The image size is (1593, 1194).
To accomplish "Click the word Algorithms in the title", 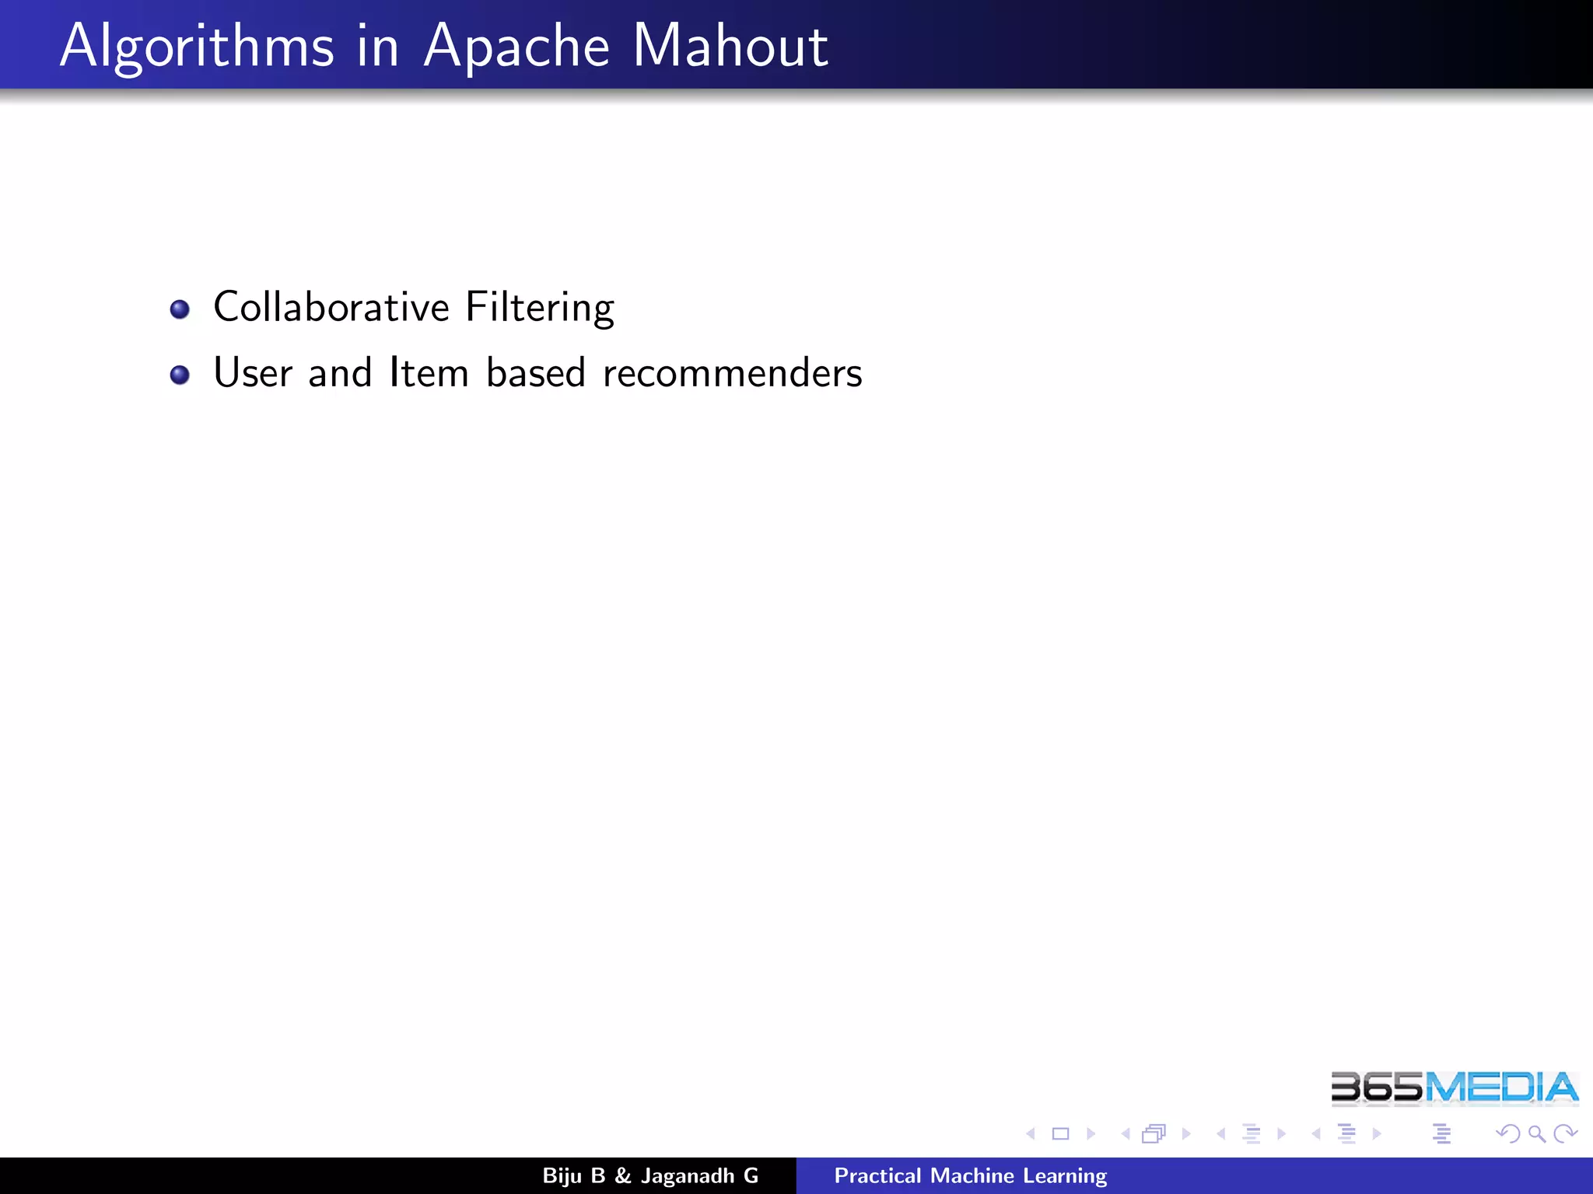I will pyautogui.click(x=197, y=47).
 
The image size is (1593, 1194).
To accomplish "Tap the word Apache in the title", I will pyautogui.click(x=516, y=47).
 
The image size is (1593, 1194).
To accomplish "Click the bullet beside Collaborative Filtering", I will pyautogui.click(x=180, y=309).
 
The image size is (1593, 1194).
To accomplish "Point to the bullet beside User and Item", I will pyautogui.click(x=180, y=375).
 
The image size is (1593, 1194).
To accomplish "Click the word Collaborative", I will pyautogui.click(x=331, y=306).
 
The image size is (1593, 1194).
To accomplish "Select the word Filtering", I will pyautogui.click(x=540, y=308).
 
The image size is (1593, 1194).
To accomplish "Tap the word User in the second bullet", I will pyautogui.click(x=252, y=372).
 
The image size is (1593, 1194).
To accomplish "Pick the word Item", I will pyautogui.click(x=429, y=372).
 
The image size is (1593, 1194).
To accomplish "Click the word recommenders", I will pyautogui.click(x=732, y=373).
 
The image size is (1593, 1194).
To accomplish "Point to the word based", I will pyautogui.click(x=535, y=372).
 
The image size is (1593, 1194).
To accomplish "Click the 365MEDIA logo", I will pyautogui.click(x=1454, y=1088).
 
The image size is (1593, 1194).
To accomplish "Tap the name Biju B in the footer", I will pyautogui.click(x=573, y=1175).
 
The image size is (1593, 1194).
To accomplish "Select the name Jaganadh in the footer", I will pyautogui.click(x=688, y=1176).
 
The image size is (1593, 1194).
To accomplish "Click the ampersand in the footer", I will pyautogui.click(x=622, y=1175).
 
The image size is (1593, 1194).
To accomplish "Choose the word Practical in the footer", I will pyautogui.click(x=877, y=1175).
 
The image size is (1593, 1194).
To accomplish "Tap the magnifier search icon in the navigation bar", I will pyautogui.click(x=1536, y=1134).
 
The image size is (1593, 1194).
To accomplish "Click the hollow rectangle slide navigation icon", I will pyautogui.click(x=1060, y=1134).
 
